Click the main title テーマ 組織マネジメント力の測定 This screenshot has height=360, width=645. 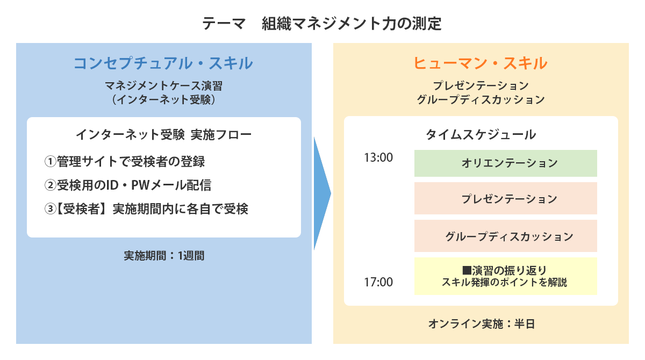[x=321, y=24]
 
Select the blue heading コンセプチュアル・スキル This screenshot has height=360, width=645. [x=163, y=63]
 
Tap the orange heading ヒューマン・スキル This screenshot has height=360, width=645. [x=481, y=63]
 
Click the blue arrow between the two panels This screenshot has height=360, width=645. [x=322, y=193]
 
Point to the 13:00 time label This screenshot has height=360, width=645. [x=378, y=157]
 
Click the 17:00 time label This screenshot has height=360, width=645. [x=378, y=282]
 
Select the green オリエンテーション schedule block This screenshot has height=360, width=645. [x=506, y=163]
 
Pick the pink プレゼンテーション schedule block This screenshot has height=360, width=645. [x=506, y=198]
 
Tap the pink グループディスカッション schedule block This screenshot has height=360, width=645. [x=506, y=236]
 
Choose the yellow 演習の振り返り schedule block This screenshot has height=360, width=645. [x=506, y=276]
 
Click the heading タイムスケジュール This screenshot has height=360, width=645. [x=481, y=135]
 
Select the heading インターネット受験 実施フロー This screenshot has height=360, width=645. [x=163, y=135]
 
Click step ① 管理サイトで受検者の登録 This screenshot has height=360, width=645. [x=125, y=161]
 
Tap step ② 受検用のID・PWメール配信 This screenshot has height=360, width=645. [x=128, y=185]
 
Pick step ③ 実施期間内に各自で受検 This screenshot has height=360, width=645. [x=146, y=209]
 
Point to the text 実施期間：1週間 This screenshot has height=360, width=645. [x=164, y=256]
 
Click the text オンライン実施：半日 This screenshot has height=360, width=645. [x=482, y=324]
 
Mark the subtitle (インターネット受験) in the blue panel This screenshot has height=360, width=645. [x=163, y=100]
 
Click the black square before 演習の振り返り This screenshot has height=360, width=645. [x=467, y=270]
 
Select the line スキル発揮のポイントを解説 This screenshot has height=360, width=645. [x=504, y=282]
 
